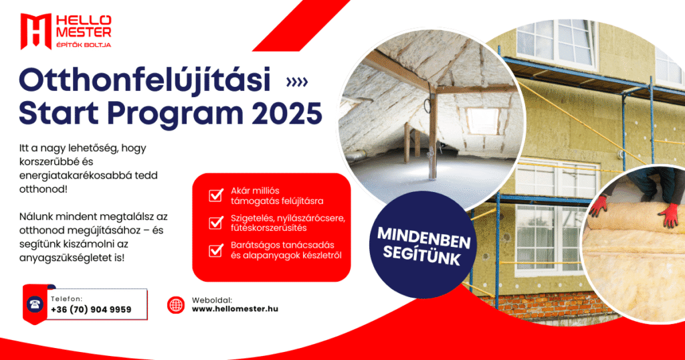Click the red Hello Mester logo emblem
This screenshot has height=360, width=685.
tap(36, 31)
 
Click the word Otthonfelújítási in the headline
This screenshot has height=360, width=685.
tap(144, 80)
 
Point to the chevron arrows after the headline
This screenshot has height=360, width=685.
tap(297, 82)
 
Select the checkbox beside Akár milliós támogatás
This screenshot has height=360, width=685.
tap(216, 195)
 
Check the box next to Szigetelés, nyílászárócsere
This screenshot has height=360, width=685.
tap(216, 223)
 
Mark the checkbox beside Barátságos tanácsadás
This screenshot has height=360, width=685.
tap(216, 250)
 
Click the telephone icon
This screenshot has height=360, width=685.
tap(35, 304)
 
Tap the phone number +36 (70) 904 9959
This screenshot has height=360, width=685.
tap(91, 309)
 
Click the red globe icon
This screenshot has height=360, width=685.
tap(176, 305)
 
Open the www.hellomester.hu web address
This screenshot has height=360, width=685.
tap(235, 309)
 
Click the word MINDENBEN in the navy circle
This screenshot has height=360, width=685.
tap(423, 238)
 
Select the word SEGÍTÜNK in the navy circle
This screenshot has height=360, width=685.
tap(421, 256)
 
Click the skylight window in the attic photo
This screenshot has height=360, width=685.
tap(482, 120)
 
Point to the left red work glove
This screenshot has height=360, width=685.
tap(599, 205)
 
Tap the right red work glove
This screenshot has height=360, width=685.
tap(668, 215)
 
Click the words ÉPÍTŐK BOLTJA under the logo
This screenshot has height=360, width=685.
tap(84, 45)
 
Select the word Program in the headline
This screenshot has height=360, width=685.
tap(175, 114)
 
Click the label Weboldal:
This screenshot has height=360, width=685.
tap(212, 300)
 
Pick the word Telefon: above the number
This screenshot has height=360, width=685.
tap(66, 299)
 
